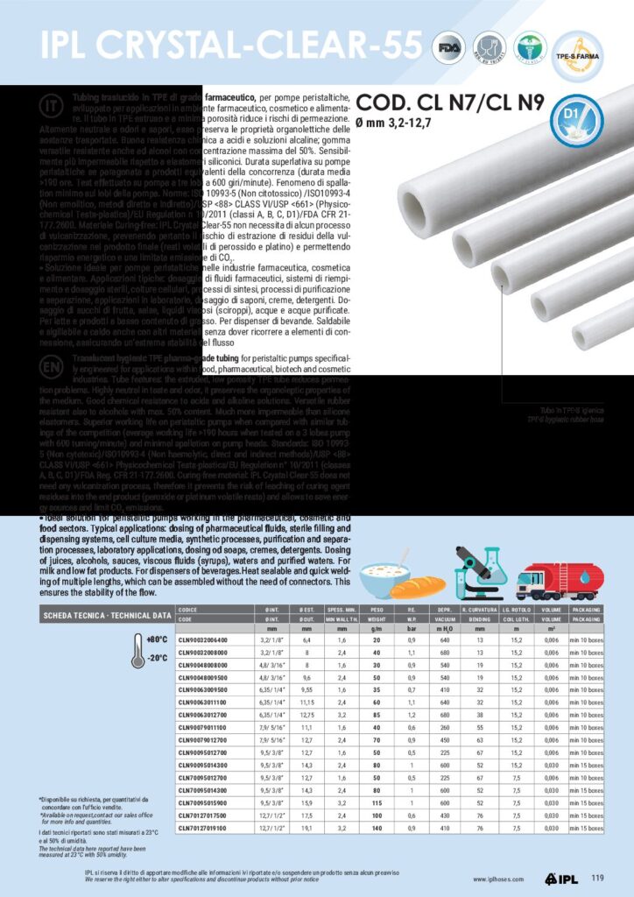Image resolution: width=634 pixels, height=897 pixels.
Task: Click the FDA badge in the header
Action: [x=451, y=46]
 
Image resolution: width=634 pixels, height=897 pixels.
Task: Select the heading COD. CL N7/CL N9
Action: [x=450, y=101]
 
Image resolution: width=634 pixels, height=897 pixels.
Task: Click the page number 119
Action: [x=597, y=879]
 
